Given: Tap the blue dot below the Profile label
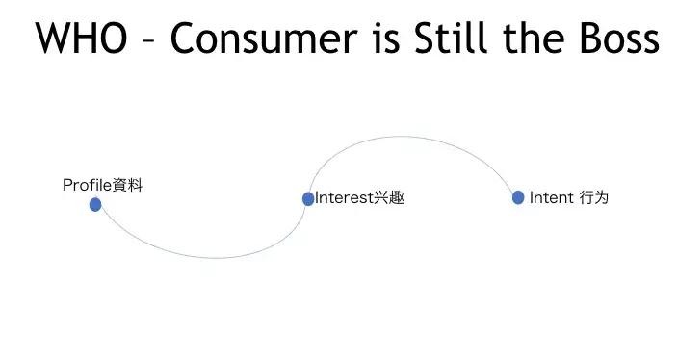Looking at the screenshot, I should pyautogui.click(x=95, y=204).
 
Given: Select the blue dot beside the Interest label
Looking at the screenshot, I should pyautogui.click(x=308, y=198).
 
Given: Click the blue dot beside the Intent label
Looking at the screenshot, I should pyautogui.click(x=518, y=197).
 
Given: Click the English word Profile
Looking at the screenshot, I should pyautogui.click(x=87, y=185).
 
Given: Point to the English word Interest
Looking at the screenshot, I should pyautogui.click(x=344, y=198).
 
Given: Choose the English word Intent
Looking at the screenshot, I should pyautogui.click(x=551, y=198).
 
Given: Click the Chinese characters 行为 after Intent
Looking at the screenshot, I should pyautogui.click(x=593, y=198).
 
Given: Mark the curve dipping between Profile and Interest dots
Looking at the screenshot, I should pyautogui.click(x=212, y=257).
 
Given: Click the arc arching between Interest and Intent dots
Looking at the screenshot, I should pyautogui.click(x=414, y=137).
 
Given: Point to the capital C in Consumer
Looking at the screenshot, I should pyautogui.click(x=184, y=39).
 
